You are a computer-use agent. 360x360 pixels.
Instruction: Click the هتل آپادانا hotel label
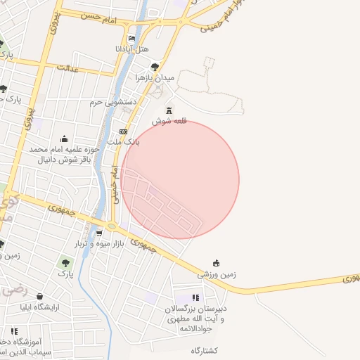132,50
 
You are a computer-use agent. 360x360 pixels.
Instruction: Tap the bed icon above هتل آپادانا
132,39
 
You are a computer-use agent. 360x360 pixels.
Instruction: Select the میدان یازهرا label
155,77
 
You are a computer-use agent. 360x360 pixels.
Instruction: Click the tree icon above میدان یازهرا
155,67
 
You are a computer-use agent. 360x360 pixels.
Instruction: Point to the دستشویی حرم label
111,103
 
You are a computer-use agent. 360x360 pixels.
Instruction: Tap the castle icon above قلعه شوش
169,110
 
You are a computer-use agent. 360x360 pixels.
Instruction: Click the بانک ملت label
124,142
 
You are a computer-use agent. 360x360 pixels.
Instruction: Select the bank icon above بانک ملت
124,131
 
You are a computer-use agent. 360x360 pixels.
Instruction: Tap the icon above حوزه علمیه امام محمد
65,139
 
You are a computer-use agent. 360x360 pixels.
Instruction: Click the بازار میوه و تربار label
99,243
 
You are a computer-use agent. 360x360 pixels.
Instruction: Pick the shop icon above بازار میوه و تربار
99,233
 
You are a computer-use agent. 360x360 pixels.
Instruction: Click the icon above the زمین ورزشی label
216,264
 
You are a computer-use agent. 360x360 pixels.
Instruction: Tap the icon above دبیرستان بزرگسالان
195,298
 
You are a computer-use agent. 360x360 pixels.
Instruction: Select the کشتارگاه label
205,350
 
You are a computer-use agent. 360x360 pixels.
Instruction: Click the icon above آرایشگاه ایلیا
39,297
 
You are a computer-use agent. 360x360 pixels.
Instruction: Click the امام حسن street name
98,15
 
